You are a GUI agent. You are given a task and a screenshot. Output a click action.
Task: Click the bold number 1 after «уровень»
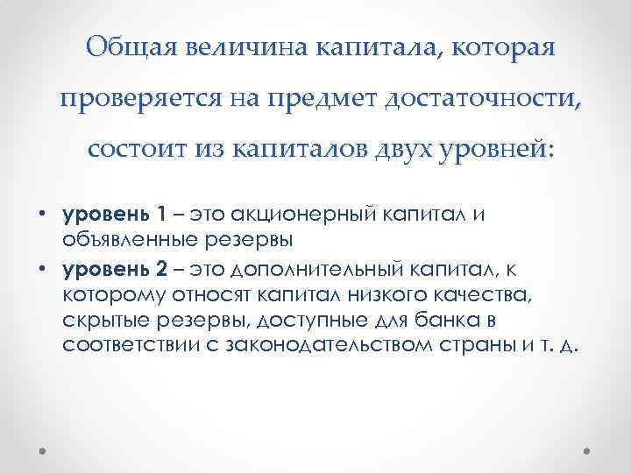point(160,214)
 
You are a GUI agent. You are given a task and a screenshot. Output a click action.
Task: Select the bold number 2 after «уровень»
point(160,266)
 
